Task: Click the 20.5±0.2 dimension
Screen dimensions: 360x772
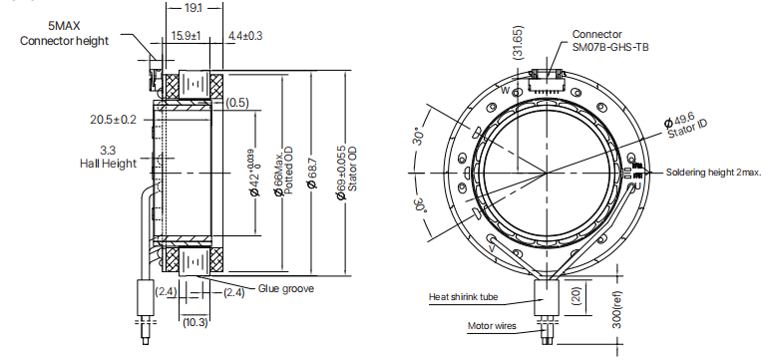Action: (x=113, y=119)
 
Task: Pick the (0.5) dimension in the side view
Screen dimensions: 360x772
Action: (x=237, y=102)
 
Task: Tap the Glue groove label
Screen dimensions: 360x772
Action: (x=286, y=289)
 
